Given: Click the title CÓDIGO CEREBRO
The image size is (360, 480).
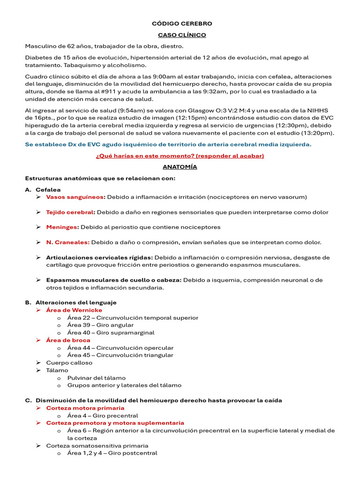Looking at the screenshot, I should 182,23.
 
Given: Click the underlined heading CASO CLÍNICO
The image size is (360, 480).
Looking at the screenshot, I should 182,35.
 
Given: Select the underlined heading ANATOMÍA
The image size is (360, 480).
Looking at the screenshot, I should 180,166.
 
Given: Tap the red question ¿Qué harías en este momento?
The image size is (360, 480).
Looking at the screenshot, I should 180,155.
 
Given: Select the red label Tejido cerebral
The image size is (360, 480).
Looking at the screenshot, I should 70,212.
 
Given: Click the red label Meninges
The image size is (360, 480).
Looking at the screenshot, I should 62,227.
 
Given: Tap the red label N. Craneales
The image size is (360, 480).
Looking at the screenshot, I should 67,242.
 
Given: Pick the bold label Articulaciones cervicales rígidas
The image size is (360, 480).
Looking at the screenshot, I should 99,257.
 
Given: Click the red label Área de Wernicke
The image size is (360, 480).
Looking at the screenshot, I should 74,310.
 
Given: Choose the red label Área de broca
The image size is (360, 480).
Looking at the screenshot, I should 68,340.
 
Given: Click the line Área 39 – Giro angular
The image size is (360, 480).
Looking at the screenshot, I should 100,325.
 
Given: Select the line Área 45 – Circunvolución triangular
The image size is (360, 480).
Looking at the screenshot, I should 120,355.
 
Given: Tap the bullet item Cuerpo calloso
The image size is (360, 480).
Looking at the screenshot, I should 69,362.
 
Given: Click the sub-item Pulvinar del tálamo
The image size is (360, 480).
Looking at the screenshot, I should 96,378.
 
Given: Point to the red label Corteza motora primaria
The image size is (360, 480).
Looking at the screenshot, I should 85,408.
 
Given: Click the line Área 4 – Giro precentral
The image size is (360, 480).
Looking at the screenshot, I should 102,415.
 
